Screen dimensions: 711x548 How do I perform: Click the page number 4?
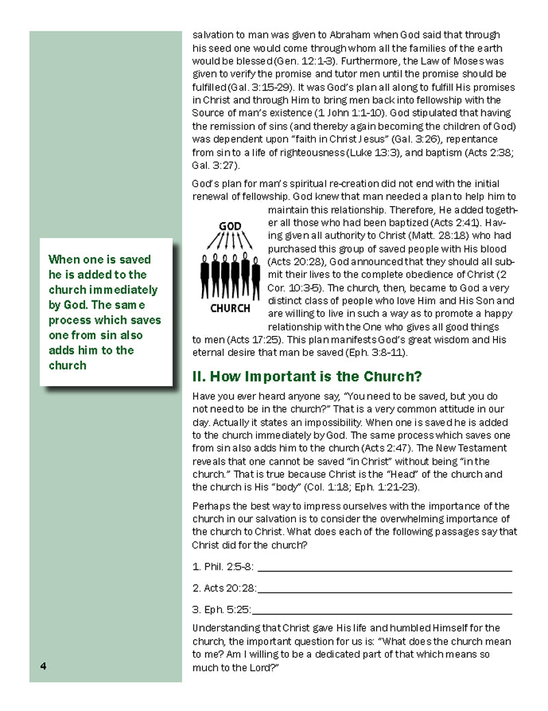pyautogui.click(x=42, y=666)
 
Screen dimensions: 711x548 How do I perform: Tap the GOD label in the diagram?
pyautogui.click(x=229, y=226)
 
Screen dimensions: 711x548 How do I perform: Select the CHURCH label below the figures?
pyautogui.click(x=230, y=308)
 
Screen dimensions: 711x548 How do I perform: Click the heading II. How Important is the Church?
pyautogui.click(x=307, y=376)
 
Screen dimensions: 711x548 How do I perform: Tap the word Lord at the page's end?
pyautogui.click(x=262, y=667)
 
